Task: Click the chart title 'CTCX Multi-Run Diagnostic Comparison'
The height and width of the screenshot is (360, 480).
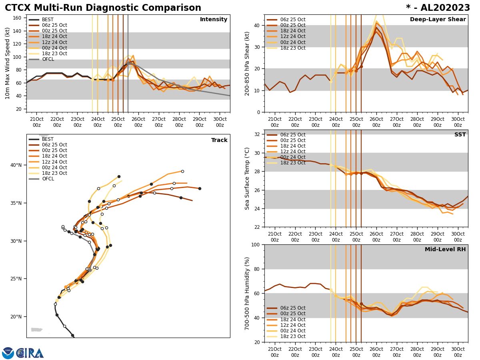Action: (x=103, y=8)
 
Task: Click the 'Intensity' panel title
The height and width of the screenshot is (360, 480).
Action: (x=214, y=20)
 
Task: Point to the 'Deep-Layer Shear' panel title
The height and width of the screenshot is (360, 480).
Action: (x=438, y=20)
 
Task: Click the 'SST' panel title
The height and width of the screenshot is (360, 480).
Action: (x=460, y=135)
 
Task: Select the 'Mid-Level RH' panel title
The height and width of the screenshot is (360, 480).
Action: (x=445, y=250)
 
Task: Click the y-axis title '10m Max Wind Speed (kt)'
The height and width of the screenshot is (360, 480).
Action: (x=8, y=63)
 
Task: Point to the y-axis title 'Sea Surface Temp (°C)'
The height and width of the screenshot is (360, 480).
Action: (x=247, y=178)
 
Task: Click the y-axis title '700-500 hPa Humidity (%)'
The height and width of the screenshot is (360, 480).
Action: (x=247, y=293)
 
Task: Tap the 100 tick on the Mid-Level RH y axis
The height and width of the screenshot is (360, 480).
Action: (x=255, y=244)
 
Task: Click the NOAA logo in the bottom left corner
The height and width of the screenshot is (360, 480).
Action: (x=8, y=353)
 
